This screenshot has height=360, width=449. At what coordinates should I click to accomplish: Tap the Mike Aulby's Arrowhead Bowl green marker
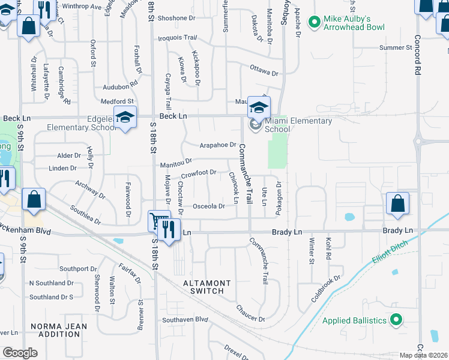[x=313, y=23]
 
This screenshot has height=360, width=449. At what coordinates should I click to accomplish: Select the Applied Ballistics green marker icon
[x=396, y=320]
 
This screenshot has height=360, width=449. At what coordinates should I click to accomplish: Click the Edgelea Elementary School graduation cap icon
[x=125, y=117]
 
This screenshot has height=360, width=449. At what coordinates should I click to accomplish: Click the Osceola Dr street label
[x=209, y=206]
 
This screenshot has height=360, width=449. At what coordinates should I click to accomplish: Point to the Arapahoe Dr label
[x=218, y=145]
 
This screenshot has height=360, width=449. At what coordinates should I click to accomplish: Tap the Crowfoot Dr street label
[x=198, y=173]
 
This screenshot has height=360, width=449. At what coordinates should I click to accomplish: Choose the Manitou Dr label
[x=175, y=162]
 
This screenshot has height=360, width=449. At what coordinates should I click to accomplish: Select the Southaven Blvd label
[x=185, y=320]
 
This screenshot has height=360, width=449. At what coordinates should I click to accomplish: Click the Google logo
[x=20, y=353]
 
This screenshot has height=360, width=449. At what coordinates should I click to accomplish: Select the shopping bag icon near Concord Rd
[x=397, y=203]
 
